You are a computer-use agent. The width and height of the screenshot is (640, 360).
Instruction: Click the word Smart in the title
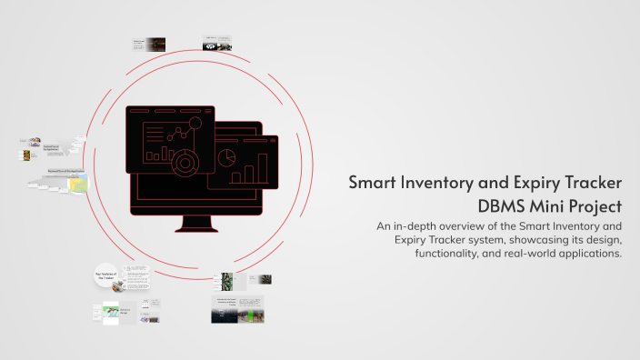(375, 183)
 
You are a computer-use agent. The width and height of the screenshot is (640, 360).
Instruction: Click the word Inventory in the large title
(441, 183)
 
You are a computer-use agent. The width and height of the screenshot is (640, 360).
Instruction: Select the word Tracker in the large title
(590, 183)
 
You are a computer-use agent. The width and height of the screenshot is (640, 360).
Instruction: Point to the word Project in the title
(591, 205)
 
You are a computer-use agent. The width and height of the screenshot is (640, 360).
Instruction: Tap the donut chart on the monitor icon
(184, 163)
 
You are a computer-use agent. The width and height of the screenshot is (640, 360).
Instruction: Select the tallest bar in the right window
(263, 167)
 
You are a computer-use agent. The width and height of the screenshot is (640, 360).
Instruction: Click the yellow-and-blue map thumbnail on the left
(78, 184)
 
